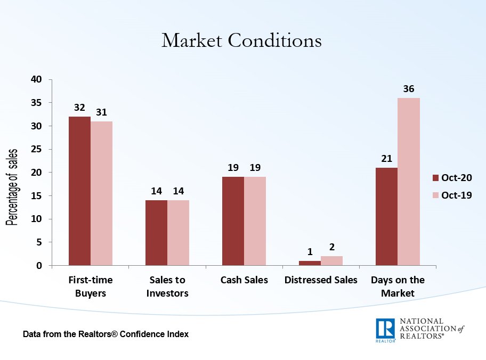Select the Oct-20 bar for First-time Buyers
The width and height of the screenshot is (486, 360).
(x=79, y=191)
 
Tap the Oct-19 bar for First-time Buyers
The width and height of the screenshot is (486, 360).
(x=101, y=193)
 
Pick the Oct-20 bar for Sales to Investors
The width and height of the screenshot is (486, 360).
(x=156, y=233)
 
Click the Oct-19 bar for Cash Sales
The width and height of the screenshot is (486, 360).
(x=255, y=221)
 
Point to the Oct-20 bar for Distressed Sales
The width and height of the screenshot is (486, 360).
(x=310, y=263)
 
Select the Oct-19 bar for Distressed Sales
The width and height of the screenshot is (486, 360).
(x=331, y=260)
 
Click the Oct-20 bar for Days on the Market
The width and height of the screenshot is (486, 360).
(x=386, y=216)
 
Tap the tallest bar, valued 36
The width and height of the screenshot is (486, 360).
(x=409, y=182)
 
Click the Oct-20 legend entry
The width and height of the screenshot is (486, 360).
(x=451, y=178)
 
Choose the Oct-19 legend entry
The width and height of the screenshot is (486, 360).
(x=451, y=195)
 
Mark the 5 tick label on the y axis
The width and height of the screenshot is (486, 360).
(x=39, y=242)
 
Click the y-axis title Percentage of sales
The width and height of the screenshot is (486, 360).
(x=12, y=187)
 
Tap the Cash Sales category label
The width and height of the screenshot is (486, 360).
(x=244, y=280)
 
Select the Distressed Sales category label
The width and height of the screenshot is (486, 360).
(x=321, y=280)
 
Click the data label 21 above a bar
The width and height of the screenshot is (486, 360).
(x=386, y=159)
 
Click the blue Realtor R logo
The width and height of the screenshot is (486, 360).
(x=385, y=330)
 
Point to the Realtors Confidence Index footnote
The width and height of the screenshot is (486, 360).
(x=106, y=334)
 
